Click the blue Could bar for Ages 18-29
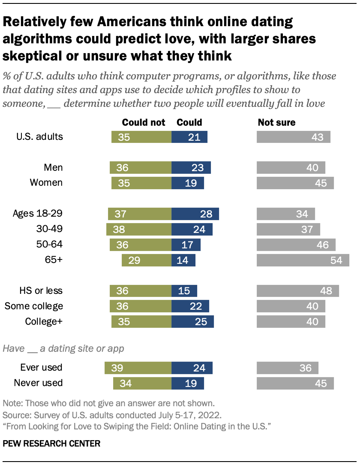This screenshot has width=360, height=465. click(x=195, y=214)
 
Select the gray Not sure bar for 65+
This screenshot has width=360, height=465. click(x=303, y=260)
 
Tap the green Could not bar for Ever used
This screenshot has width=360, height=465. click(x=138, y=368)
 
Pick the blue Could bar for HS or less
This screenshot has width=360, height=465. click(x=184, y=291)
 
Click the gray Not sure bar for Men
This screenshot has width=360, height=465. click(x=291, y=168)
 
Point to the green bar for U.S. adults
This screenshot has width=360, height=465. click(x=141, y=137)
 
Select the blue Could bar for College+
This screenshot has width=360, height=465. click(x=192, y=322)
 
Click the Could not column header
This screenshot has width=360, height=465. click(x=144, y=122)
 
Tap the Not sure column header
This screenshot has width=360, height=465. click(x=276, y=122)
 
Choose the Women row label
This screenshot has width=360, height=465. click(x=46, y=183)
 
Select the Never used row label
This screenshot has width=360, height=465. click(x=38, y=383)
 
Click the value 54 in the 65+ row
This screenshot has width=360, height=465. click(x=336, y=260)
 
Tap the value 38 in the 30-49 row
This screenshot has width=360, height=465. click(x=119, y=229)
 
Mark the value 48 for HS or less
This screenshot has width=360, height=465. click(x=326, y=291)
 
